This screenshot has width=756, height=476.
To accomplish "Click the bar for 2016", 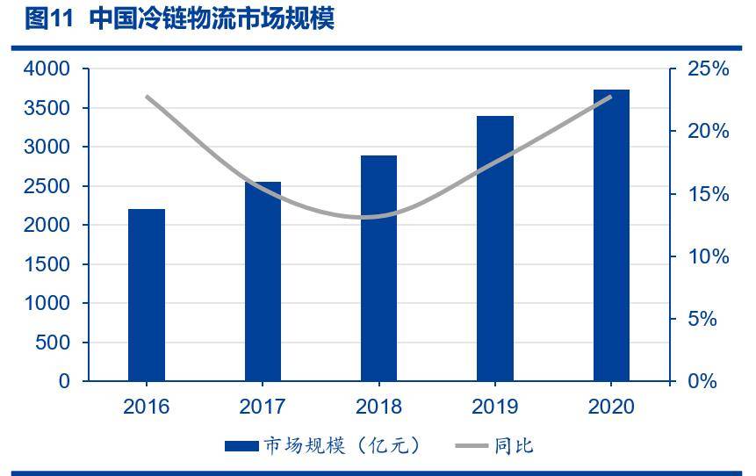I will pyautogui.click(x=147, y=295).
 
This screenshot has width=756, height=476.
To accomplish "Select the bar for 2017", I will pyautogui.click(x=263, y=281).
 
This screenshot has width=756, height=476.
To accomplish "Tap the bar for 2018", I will pyautogui.click(x=378, y=268).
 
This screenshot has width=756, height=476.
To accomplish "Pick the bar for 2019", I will pyautogui.click(x=494, y=249).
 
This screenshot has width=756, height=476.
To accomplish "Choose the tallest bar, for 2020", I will pyautogui.click(x=611, y=235).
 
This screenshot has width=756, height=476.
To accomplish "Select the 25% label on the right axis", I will pyautogui.click(x=709, y=69).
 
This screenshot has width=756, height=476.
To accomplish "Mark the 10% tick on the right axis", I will pyautogui.click(x=709, y=256).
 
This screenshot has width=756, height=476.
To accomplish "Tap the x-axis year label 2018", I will pyautogui.click(x=378, y=407).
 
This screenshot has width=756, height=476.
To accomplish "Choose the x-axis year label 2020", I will pyautogui.click(x=611, y=407).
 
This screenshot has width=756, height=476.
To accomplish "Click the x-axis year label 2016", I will pyautogui.click(x=147, y=407).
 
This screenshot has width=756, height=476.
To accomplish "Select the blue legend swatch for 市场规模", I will pyautogui.click(x=241, y=446).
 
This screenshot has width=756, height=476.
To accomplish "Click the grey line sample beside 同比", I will pyautogui.click(x=471, y=446).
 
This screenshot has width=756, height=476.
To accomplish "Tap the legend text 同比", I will pyautogui.click(x=513, y=446).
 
